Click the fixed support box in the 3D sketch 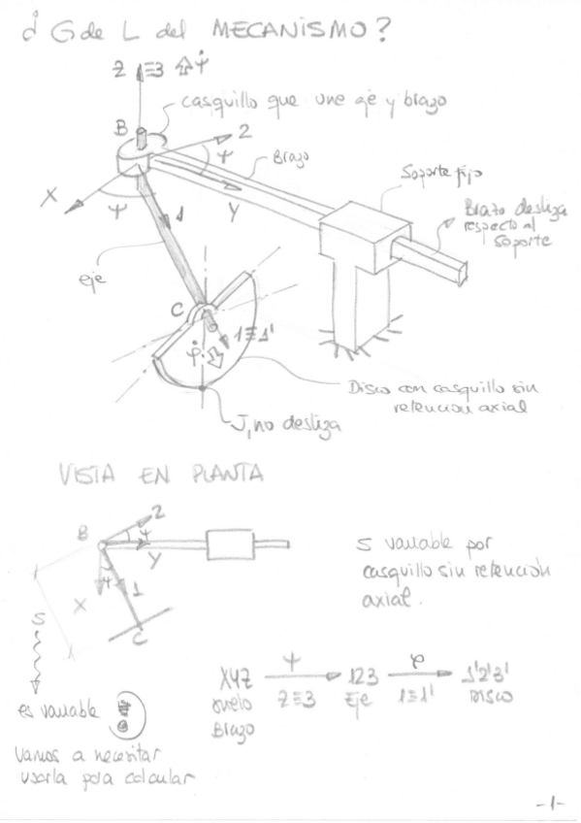(355, 234)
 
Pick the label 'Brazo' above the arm (275, 154)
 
